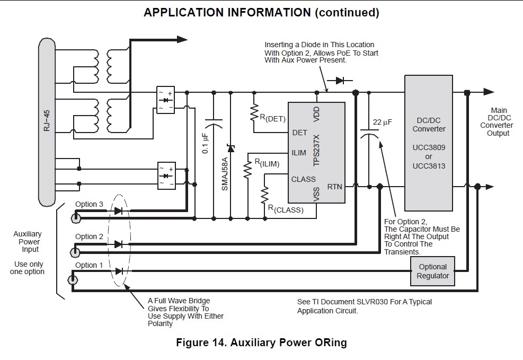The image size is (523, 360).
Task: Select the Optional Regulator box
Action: tap(432, 271)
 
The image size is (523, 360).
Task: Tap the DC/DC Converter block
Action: tap(429, 143)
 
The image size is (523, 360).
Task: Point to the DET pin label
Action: tap(299, 133)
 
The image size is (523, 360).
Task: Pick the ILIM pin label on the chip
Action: tap(299, 153)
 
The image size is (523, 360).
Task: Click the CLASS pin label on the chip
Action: tap(303, 179)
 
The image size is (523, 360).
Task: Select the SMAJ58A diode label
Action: tap(224, 173)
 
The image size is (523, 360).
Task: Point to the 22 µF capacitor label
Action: tap(382, 122)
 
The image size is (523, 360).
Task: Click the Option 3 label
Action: tap(89, 205)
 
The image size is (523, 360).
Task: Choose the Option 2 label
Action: tap(89, 236)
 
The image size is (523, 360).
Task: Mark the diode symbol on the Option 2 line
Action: tap(118, 244)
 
